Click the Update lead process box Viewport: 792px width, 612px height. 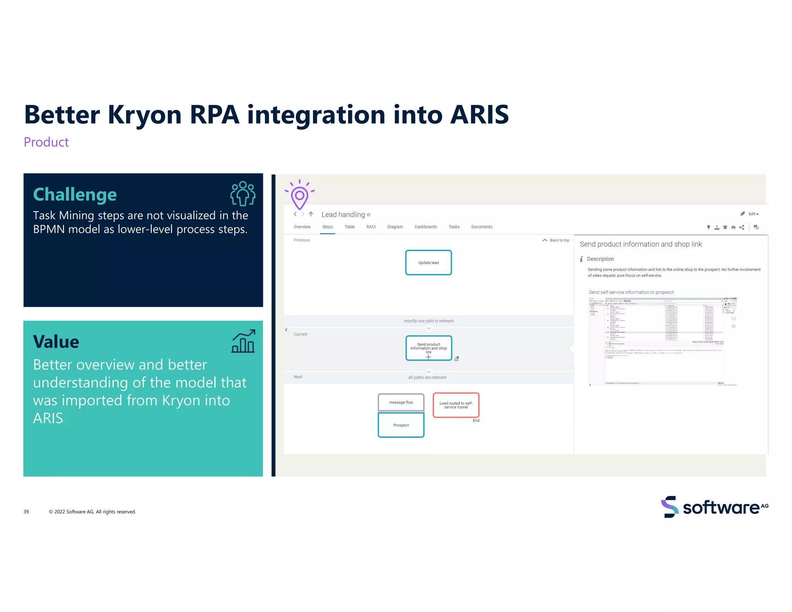pyautogui.click(x=428, y=262)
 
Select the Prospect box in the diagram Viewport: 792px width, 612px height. pyautogui.click(x=401, y=425)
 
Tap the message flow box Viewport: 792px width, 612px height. pyautogui.click(x=401, y=402)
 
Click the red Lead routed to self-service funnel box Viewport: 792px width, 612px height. pyautogui.click(x=456, y=405)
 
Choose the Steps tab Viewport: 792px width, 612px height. pyautogui.click(x=327, y=227)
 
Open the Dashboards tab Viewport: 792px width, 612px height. pyautogui.click(x=425, y=227)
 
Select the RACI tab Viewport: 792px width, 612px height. pyautogui.click(x=370, y=227)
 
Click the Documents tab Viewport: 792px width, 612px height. pyautogui.click(x=481, y=227)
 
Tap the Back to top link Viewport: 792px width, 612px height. pyautogui.click(x=556, y=240)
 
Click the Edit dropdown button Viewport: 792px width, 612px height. pyautogui.click(x=753, y=214)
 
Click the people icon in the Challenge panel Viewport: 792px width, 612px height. pyautogui.click(x=242, y=193)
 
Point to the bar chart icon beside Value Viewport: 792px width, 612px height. pyautogui.click(x=243, y=341)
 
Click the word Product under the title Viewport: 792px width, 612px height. pyautogui.click(x=46, y=142)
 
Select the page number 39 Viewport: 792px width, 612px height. pyautogui.click(x=26, y=511)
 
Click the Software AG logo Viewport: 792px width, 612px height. pyautogui.click(x=714, y=507)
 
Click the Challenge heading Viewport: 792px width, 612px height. pyautogui.click(x=75, y=194)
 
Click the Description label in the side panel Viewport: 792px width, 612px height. pyautogui.click(x=600, y=259)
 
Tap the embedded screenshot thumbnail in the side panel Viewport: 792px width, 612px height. pyautogui.click(x=662, y=342)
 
